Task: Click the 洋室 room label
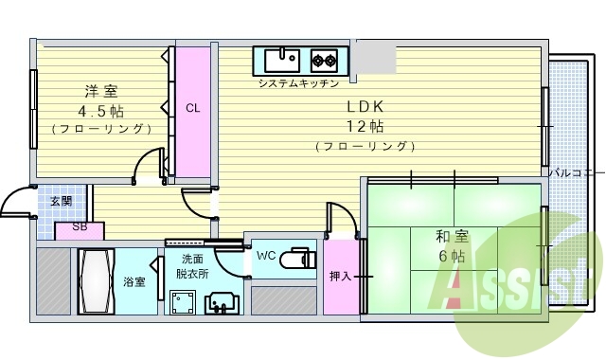point(100,92)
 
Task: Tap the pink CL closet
point(192,109)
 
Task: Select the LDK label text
point(363,105)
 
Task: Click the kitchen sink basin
point(280,62)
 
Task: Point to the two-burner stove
point(325,62)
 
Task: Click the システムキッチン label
point(297,84)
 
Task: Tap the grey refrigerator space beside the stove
point(373,58)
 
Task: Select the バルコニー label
point(577,172)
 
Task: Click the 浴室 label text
point(134,281)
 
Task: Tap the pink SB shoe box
point(80,228)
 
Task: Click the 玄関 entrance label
point(62,201)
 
